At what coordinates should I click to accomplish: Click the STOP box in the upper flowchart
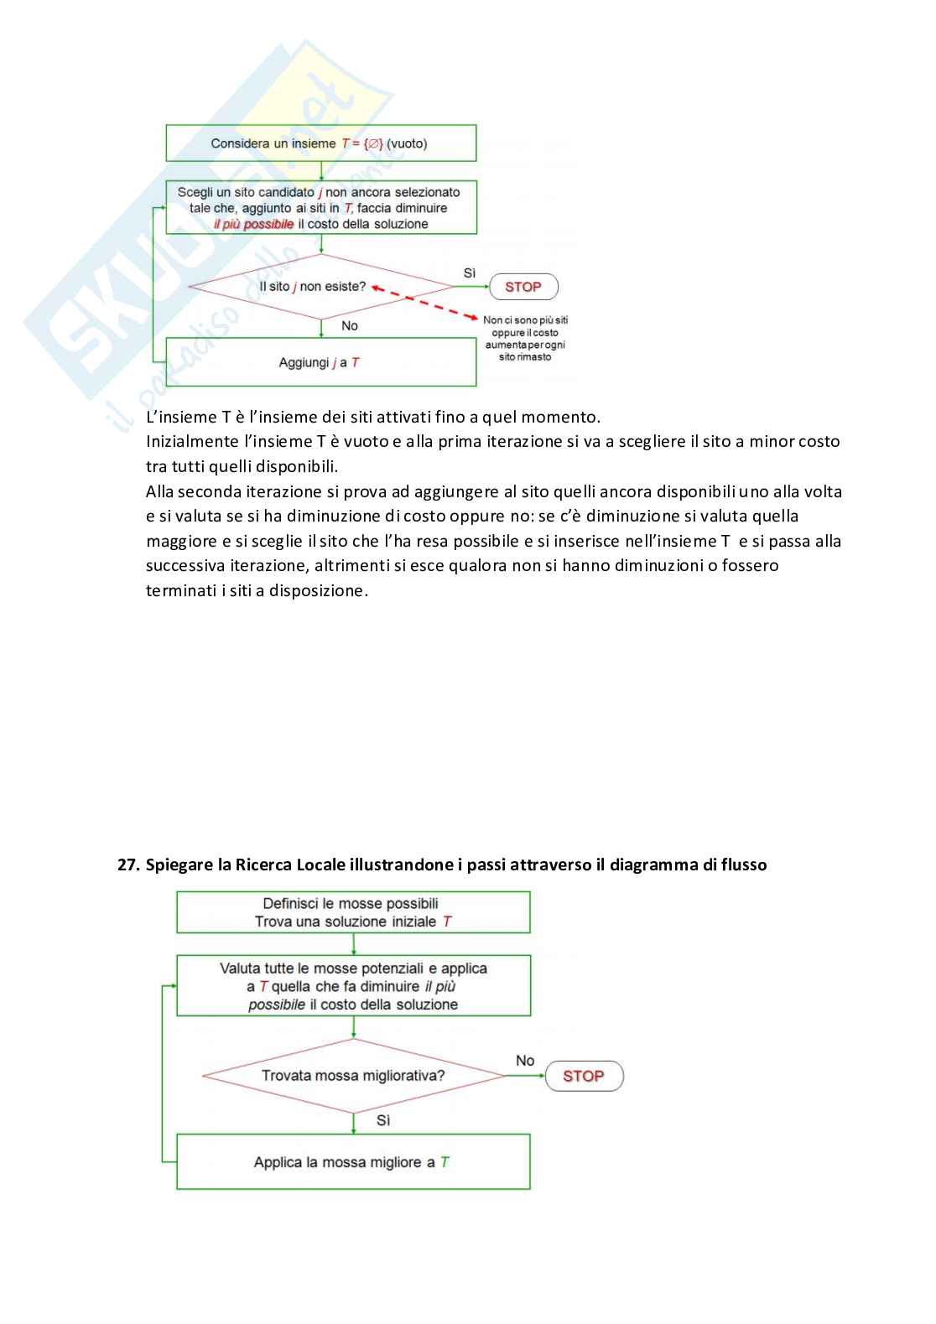point(523,287)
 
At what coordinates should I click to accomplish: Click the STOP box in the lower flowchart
point(584,1076)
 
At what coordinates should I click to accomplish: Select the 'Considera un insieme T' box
point(320,143)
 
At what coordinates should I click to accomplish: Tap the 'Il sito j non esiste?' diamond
point(321,287)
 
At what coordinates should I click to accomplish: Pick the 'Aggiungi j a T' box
point(320,362)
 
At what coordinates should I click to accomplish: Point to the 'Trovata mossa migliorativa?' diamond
point(353,1076)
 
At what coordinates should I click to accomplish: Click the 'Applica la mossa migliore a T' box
point(353,1162)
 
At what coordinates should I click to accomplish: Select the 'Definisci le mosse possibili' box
point(353,912)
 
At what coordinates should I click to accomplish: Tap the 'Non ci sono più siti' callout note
point(525,338)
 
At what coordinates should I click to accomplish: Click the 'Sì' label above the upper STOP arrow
point(470,273)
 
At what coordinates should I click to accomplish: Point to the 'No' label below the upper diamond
point(350,326)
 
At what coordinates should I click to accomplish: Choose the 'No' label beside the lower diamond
point(525,1061)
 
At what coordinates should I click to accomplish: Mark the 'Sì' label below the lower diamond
point(383,1120)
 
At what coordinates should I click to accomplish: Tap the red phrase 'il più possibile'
point(253,225)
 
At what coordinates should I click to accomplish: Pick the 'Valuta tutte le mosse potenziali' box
point(353,986)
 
